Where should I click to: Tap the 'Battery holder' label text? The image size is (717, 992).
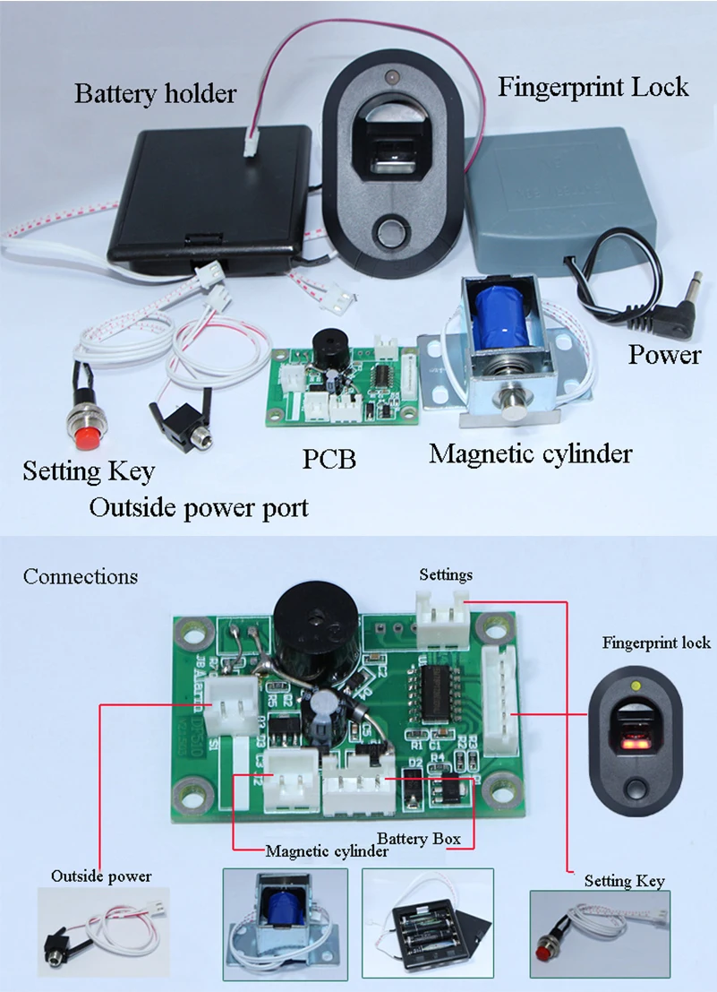click(156, 93)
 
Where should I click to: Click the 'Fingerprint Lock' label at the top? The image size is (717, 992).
click(593, 87)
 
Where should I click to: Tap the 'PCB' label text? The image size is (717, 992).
click(329, 459)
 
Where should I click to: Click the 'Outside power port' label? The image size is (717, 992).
click(199, 508)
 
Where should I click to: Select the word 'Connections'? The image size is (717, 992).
click(81, 576)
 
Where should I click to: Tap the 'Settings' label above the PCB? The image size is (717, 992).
click(446, 575)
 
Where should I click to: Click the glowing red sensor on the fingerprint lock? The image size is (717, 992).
click(635, 738)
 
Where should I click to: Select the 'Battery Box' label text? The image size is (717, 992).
click(419, 838)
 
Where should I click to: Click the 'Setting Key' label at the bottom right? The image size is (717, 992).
click(624, 881)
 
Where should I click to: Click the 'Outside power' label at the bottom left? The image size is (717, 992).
click(101, 876)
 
